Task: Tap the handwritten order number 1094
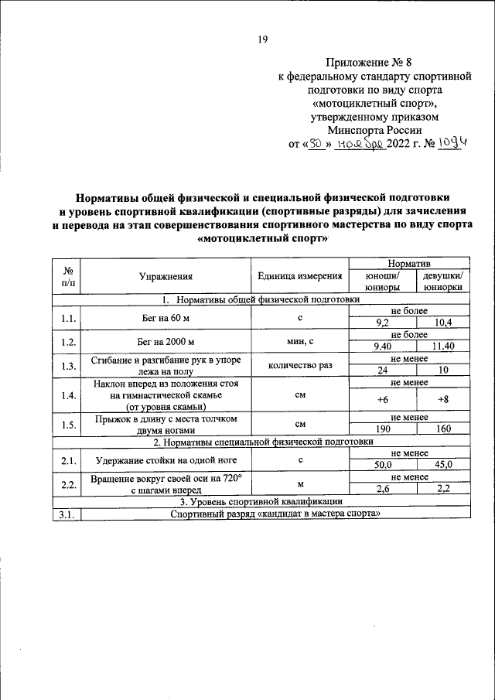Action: (x=454, y=143)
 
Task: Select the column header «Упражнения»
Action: (x=166, y=275)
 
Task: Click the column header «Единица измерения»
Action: (x=300, y=275)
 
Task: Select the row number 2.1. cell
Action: (x=67, y=460)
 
